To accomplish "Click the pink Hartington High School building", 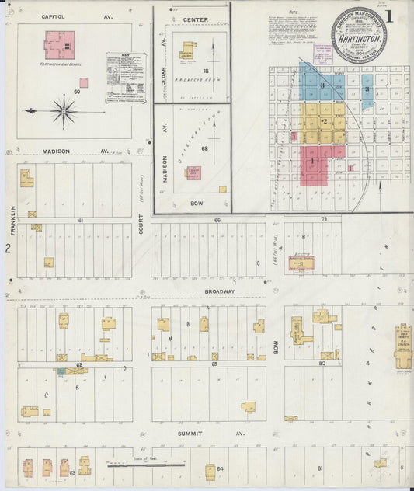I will click(x=59, y=45).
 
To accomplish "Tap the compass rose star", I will click(x=63, y=110).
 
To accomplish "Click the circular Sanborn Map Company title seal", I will click(x=360, y=33).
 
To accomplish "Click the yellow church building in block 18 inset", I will click(x=186, y=51).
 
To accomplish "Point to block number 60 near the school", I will click(x=76, y=92).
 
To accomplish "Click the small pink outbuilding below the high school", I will click(x=83, y=82).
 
